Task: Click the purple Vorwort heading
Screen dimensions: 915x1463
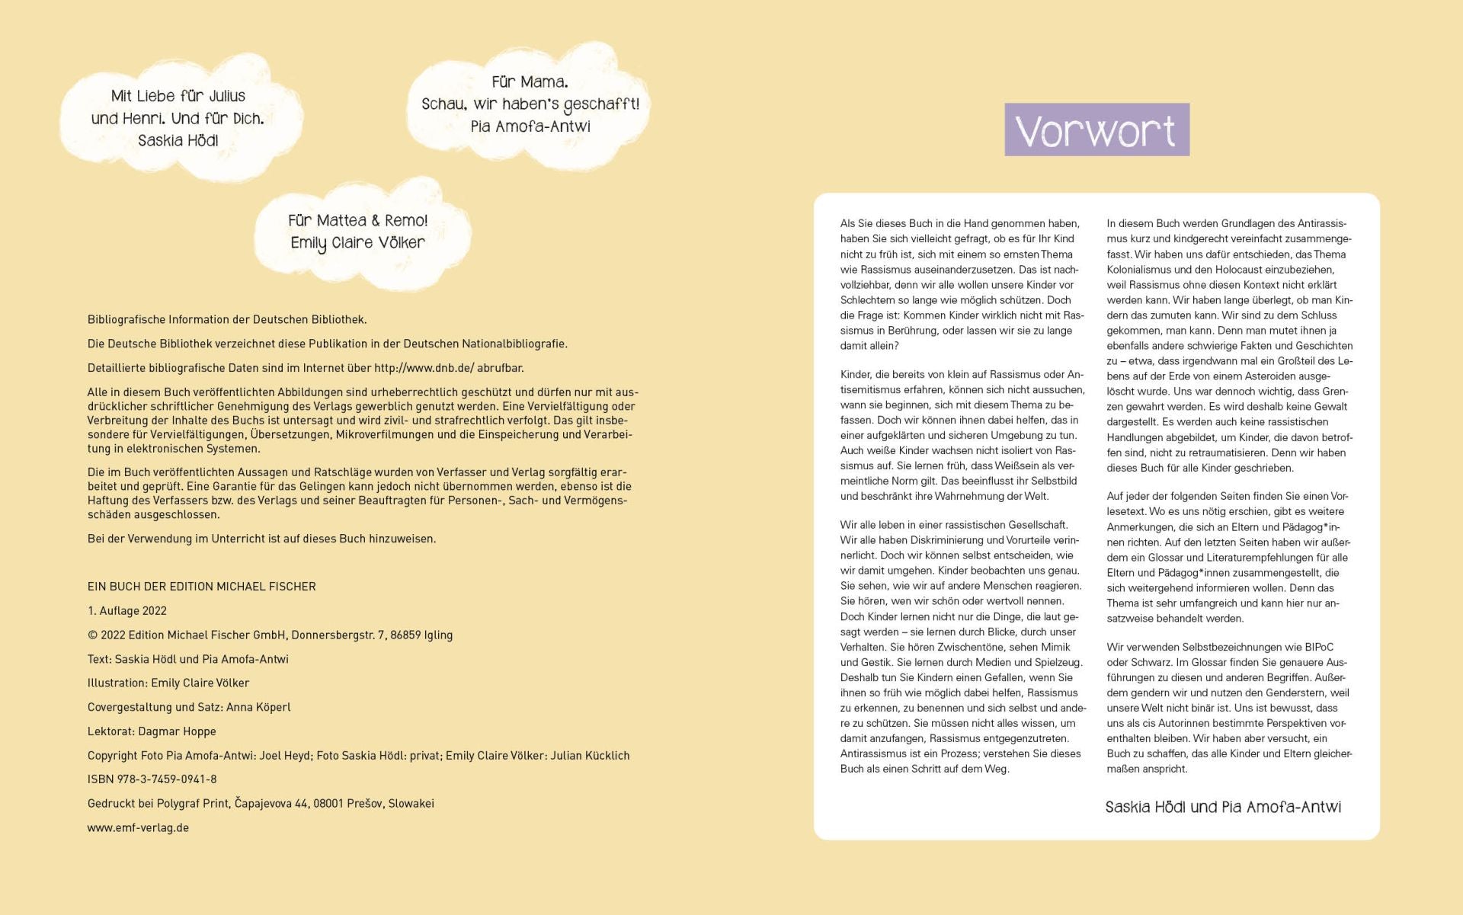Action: [x=1096, y=130]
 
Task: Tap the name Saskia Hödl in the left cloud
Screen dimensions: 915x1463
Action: [x=178, y=141]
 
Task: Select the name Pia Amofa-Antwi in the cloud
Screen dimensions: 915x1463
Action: [x=530, y=126]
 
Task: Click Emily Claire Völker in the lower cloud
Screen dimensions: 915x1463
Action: [x=357, y=243]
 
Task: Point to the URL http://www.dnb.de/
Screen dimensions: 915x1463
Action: [x=424, y=368]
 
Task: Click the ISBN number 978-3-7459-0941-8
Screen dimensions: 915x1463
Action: [x=167, y=779]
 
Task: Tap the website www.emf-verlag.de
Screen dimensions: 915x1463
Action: [x=138, y=827]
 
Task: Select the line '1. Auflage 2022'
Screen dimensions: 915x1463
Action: [x=127, y=611]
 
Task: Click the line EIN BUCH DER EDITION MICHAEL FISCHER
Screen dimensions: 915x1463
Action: [x=202, y=587]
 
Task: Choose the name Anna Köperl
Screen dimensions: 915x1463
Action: [x=258, y=707]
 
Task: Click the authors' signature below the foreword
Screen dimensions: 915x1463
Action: [x=1223, y=808]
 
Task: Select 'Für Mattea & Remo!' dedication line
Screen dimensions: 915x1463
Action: [x=357, y=221]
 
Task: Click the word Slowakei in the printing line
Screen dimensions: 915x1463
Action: [x=411, y=804]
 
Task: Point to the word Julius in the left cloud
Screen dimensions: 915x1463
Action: [x=227, y=97]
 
